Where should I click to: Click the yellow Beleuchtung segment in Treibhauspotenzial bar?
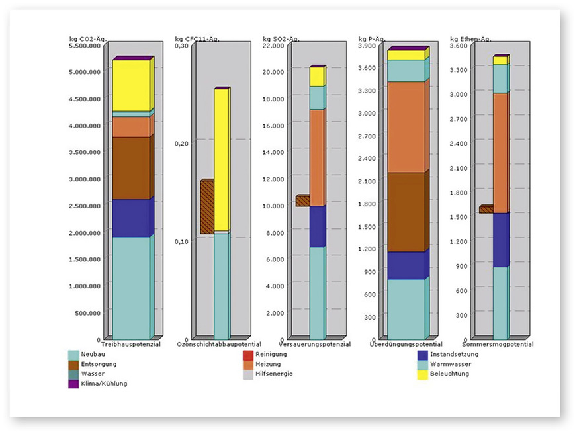click(x=131, y=85)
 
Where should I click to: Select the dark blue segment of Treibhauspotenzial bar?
click(x=131, y=218)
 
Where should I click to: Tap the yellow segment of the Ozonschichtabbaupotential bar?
click(x=221, y=159)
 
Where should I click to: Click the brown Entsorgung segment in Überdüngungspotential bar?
click(x=406, y=212)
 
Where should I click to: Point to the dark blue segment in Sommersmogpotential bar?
click(x=500, y=239)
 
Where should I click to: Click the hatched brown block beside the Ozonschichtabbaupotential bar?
click(x=206, y=207)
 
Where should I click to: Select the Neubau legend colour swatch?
click(x=73, y=355)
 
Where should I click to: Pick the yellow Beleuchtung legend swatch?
click(x=422, y=374)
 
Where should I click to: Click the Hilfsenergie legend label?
click(x=274, y=374)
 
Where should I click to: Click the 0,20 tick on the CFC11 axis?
click(x=181, y=143)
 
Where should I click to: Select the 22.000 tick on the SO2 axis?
click(x=274, y=45)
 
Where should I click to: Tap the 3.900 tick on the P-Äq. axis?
click(x=367, y=45)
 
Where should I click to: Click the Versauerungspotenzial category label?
click(x=310, y=345)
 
